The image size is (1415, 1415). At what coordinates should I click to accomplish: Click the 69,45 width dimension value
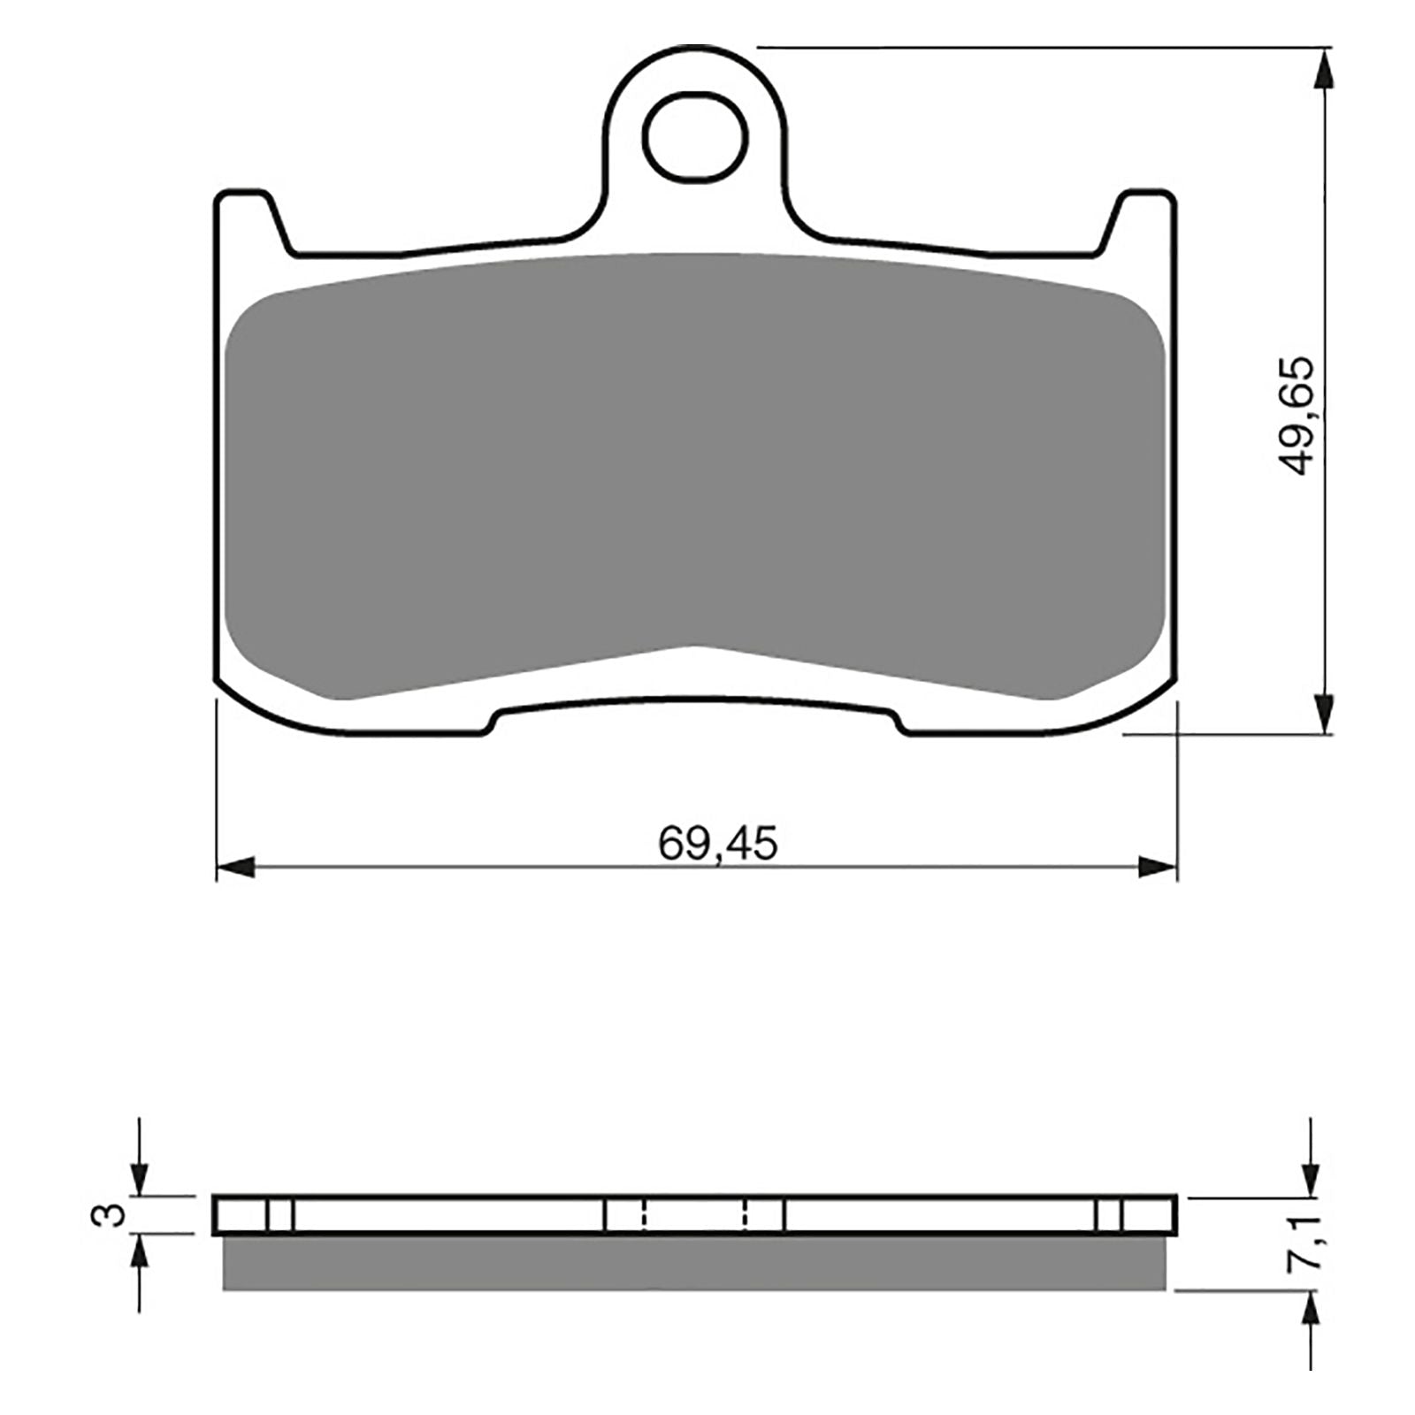tap(717, 845)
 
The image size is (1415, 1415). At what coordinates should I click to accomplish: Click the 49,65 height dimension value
tap(1297, 416)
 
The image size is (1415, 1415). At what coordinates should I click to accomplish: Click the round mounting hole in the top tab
tap(694, 138)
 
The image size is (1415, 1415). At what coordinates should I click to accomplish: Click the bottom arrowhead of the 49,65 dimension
tap(1322, 712)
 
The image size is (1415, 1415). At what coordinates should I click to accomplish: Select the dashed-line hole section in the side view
tap(694, 1214)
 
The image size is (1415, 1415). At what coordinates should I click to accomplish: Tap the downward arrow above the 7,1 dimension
tap(1309, 1176)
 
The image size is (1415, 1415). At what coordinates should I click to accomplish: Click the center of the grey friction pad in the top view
tap(694, 460)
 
